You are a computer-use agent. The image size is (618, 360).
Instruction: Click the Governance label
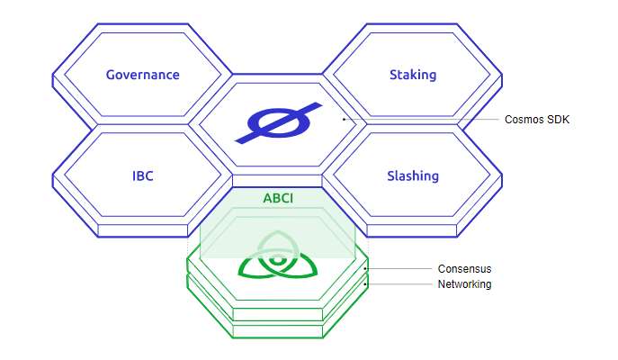point(142,75)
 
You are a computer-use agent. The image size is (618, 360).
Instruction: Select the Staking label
point(413,75)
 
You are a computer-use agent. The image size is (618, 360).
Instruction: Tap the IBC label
point(142,175)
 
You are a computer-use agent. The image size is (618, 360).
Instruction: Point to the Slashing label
point(413,175)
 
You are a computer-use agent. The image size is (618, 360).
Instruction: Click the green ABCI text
point(277,198)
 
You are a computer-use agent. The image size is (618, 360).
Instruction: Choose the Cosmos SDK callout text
point(537,120)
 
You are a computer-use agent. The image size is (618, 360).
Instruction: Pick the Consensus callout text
point(464,268)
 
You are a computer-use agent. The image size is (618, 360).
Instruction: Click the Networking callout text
point(464,284)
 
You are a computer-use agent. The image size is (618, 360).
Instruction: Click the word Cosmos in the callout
point(523,120)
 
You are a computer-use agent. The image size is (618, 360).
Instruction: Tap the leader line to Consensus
point(400,268)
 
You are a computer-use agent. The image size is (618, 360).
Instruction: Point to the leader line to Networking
point(400,284)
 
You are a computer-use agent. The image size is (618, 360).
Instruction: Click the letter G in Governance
point(110,75)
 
